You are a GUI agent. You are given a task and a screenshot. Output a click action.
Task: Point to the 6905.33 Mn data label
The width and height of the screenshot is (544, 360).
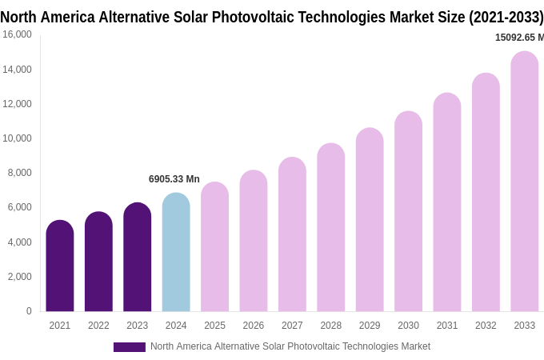pos(174,179)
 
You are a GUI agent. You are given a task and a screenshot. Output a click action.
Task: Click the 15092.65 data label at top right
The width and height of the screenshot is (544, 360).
pos(518,38)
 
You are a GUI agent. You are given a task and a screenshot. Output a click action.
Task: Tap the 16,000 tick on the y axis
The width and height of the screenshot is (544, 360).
pos(17,34)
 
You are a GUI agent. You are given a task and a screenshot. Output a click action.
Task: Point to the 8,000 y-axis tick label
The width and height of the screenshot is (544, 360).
pos(19,173)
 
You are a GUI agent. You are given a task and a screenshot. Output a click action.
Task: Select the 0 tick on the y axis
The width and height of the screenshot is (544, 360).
pos(29,311)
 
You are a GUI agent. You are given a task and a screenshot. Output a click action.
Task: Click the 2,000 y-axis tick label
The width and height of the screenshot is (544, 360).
pos(19,277)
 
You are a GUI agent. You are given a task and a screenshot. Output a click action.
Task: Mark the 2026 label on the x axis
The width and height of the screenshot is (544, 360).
pos(254,326)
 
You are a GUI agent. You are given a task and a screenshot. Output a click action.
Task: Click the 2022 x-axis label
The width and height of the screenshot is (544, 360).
pos(98,326)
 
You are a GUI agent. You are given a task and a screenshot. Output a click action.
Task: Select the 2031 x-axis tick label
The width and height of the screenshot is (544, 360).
pos(447,326)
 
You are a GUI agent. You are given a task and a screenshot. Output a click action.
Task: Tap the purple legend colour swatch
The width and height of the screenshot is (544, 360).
pos(130,347)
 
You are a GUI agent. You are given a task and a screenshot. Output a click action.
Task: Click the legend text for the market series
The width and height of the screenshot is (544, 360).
pos(290,346)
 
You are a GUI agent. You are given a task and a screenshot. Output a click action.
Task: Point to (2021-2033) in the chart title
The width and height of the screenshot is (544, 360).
pos(506,17)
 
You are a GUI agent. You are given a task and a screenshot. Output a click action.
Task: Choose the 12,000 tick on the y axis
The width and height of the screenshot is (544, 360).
pos(17,104)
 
